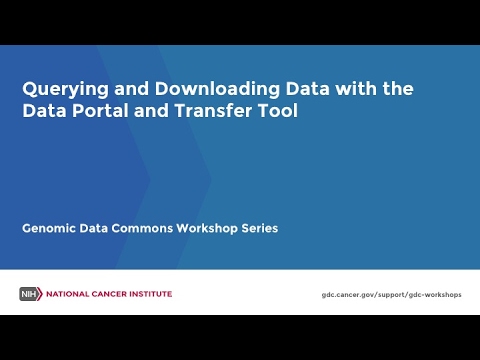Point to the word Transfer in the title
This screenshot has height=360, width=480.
(x=215, y=111)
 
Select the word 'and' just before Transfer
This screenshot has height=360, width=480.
(x=154, y=111)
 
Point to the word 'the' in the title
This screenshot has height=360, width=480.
(x=397, y=89)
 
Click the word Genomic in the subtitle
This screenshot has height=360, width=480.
(x=49, y=228)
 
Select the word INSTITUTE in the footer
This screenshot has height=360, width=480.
(x=149, y=294)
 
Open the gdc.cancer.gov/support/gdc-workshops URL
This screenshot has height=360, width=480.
(x=392, y=295)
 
